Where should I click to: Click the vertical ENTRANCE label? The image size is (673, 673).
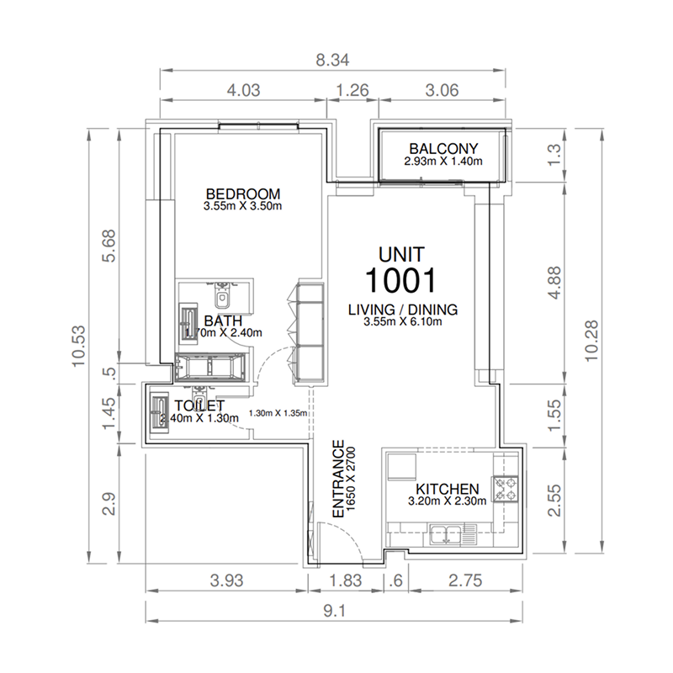click(336, 480)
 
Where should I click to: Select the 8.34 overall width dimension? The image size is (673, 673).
click(332, 61)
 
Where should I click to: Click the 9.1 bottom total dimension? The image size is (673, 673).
click(334, 612)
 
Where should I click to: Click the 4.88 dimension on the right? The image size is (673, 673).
click(551, 284)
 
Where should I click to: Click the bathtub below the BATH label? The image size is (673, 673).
click(210, 368)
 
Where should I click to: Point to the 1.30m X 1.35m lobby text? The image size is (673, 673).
click(278, 413)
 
